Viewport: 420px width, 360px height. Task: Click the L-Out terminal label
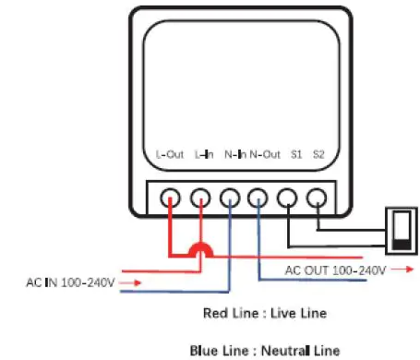point(171,155)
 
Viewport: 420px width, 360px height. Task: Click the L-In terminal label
point(204,155)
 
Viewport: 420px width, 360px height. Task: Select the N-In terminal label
point(234,155)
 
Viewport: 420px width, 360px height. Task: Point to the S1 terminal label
point(295,155)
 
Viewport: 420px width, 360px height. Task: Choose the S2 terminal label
point(318,155)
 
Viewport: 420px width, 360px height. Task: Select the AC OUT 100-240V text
point(335,270)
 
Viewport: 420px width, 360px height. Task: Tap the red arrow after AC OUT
point(402,270)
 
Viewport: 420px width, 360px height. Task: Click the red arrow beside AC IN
point(131,282)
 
